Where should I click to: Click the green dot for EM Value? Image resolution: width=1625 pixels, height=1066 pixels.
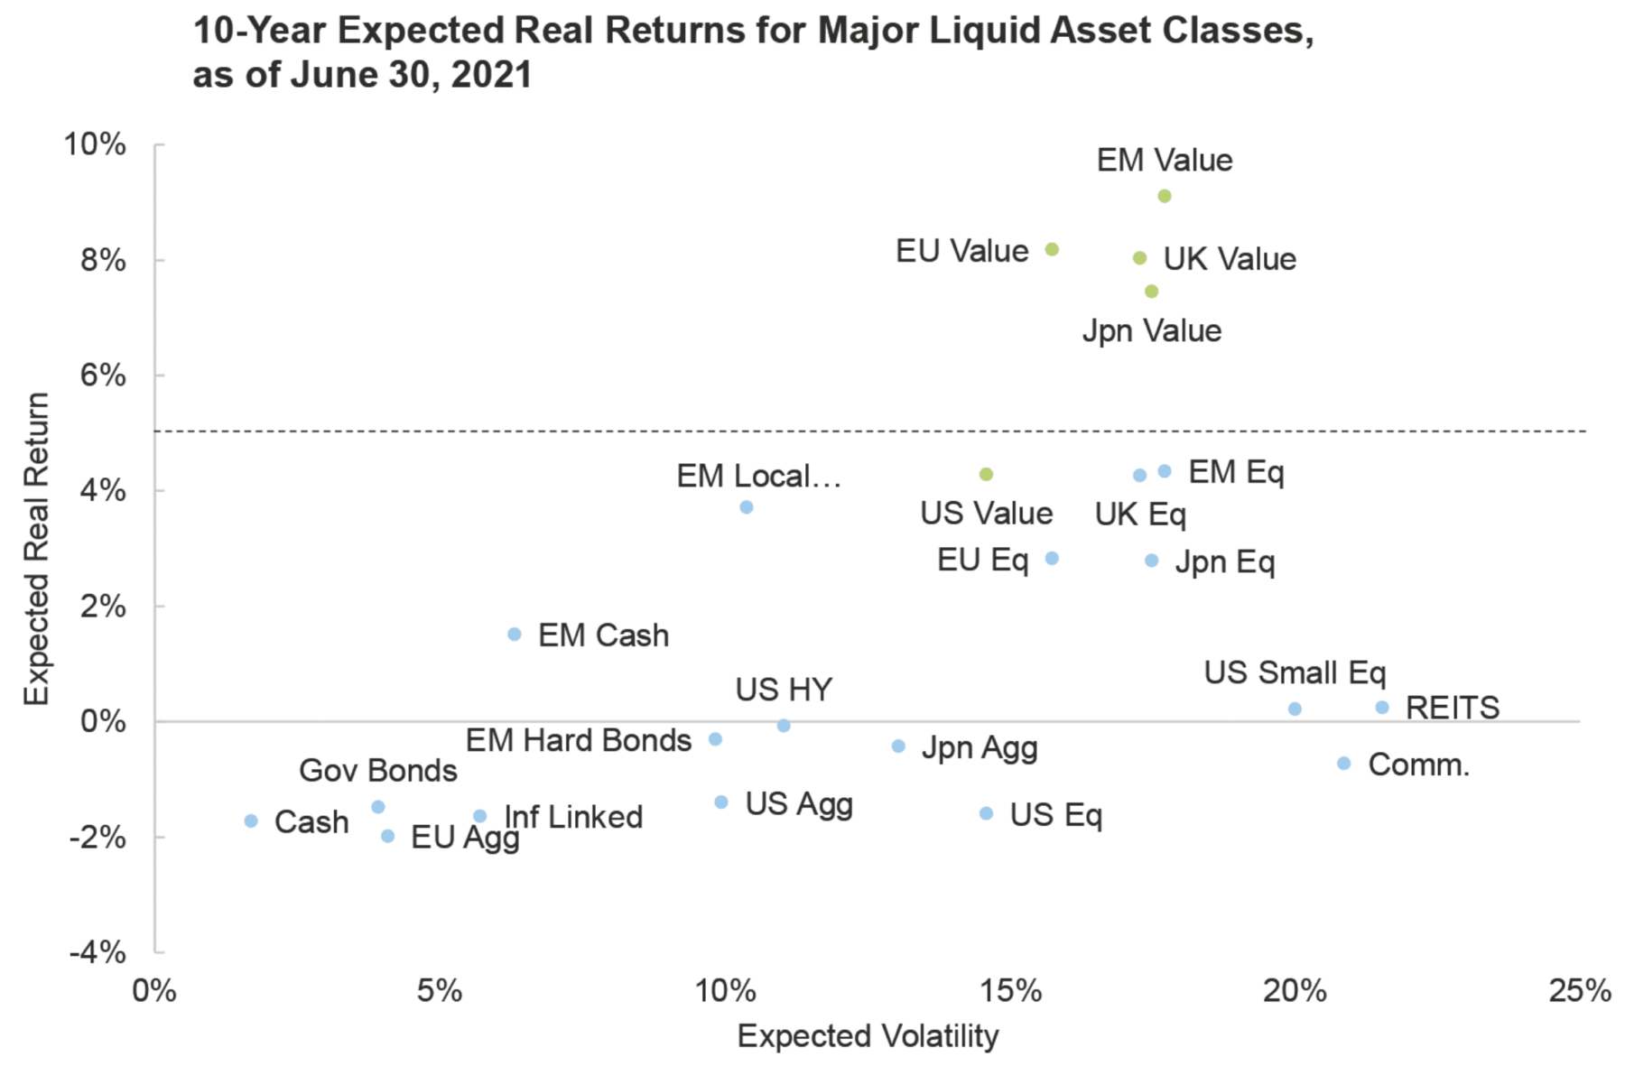click(1165, 196)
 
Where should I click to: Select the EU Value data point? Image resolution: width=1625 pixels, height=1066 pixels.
click(1052, 249)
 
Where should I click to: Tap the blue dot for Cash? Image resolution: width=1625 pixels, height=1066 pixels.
click(251, 820)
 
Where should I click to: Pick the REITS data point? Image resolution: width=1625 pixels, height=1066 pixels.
click(1382, 708)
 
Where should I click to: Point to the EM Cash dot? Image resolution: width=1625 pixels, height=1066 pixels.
click(515, 634)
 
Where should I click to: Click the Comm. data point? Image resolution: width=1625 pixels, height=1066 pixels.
click(1343, 764)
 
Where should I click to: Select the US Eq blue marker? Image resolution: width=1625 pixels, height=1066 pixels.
click(987, 813)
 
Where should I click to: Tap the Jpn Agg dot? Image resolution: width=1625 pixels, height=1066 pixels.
click(898, 746)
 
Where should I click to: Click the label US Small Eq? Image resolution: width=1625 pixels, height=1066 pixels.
click(1295, 672)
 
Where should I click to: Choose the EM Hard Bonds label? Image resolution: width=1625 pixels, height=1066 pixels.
click(579, 740)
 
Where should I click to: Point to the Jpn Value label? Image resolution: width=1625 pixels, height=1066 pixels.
click(1152, 330)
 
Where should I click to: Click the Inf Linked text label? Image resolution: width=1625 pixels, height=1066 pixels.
click(573, 817)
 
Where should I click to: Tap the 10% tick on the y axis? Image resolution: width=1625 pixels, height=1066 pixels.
click(95, 144)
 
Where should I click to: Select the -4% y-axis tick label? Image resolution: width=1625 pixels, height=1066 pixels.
click(97, 951)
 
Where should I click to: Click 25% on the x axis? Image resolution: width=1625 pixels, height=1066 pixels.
click(1579, 991)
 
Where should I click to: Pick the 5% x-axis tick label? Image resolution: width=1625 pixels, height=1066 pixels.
click(440, 991)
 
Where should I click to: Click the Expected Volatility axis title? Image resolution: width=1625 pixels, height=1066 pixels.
click(868, 1035)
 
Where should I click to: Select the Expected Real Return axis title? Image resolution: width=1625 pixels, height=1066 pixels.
click(36, 548)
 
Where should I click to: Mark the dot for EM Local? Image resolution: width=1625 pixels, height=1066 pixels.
click(747, 507)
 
